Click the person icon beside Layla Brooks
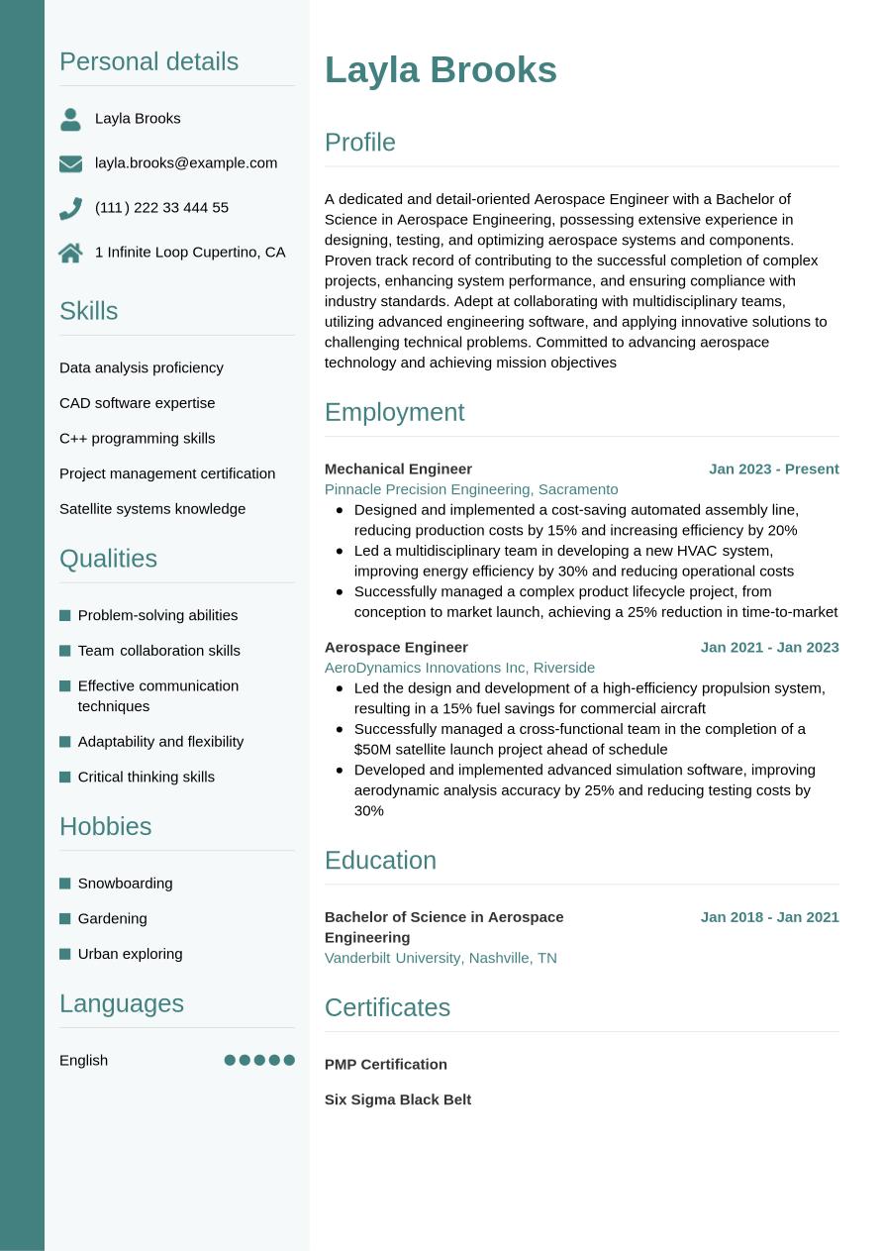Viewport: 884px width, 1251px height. pyautogui.click(x=70, y=120)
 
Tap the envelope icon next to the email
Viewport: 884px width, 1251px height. pyautogui.click(x=70, y=163)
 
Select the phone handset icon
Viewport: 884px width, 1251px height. pyautogui.click(x=70, y=208)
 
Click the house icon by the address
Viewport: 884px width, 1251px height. pyautogui.click(x=70, y=253)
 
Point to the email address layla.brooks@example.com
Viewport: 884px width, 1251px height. pyautogui.click(x=186, y=162)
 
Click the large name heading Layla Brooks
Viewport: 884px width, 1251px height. pyautogui.click(x=441, y=70)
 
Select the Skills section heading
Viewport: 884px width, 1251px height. pyautogui.click(x=88, y=311)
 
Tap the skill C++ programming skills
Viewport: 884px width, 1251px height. pyautogui.click(x=137, y=438)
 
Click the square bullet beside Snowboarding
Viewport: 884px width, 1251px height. pyautogui.click(x=65, y=884)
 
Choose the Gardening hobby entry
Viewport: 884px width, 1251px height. pyautogui.click(x=112, y=918)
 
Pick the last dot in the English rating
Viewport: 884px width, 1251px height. pyautogui.click(x=289, y=1060)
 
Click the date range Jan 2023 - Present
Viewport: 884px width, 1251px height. pyautogui.click(x=773, y=469)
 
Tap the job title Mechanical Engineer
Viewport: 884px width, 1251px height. pyautogui.click(x=398, y=469)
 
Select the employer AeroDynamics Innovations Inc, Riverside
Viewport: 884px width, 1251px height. pyautogui.click(x=459, y=668)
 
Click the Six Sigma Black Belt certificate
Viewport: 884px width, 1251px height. pyautogui.click(x=398, y=1099)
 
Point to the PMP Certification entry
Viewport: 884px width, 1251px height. pyautogui.click(x=386, y=1064)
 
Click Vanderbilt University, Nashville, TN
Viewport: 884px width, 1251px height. pyautogui.click(x=441, y=958)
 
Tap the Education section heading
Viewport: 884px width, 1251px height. pyautogui.click(x=380, y=860)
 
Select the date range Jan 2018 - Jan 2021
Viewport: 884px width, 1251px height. pyautogui.click(x=769, y=917)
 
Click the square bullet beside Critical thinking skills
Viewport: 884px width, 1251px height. pyautogui.click(x=65, y=778)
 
